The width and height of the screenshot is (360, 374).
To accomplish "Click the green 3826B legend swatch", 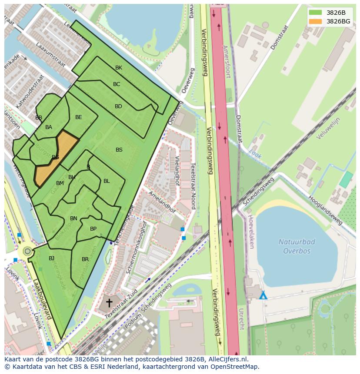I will tap(315, 13).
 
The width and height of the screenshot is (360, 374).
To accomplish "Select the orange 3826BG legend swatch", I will tap(315, 21).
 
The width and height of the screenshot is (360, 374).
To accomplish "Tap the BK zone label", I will tap(119, 68).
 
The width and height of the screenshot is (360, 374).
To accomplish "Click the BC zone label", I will tap(117, 84).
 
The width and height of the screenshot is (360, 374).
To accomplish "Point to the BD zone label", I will tap(118, 106).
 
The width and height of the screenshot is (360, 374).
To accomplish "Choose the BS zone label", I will tap(119, 150).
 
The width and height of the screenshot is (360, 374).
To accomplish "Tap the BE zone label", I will tap(78, 117).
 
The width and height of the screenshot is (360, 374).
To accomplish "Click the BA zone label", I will tap(49, 127).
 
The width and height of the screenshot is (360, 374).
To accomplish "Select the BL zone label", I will tap(107, 181).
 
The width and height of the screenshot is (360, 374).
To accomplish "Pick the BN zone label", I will tap(73, 218).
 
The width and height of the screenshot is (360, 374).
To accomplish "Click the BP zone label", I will tap(93, 229).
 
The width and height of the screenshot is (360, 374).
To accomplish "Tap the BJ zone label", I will tap(51, 258).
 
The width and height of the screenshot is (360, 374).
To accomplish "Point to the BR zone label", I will tap(85, 259).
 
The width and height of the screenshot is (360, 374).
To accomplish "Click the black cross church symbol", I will tap(109, 302).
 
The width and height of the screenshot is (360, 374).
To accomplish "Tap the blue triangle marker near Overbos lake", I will tap(263, 295).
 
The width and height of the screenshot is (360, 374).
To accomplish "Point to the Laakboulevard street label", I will tap(42, 300).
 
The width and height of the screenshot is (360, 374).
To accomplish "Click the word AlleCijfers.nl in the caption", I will tap(227, 359).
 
